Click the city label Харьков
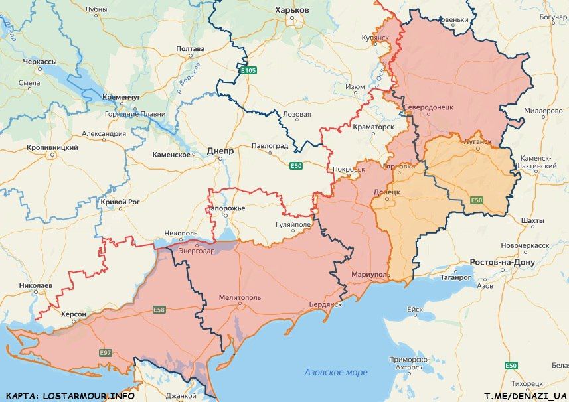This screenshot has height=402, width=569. coord(291,10)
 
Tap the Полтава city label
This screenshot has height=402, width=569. coord(190,49)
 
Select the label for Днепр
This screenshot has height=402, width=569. coord(220,151)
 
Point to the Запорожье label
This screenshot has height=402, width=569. coord(226,208)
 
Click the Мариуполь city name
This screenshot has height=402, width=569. coord(370,274)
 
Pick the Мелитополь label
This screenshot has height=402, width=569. coord(240,298)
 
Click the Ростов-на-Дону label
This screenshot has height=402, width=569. coord(501,262)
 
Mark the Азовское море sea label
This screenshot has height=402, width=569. coord(335,372)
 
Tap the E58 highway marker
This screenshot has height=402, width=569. coord(159,310)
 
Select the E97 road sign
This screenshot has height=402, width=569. coord(105,352)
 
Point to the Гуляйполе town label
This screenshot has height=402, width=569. coord(293,225)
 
